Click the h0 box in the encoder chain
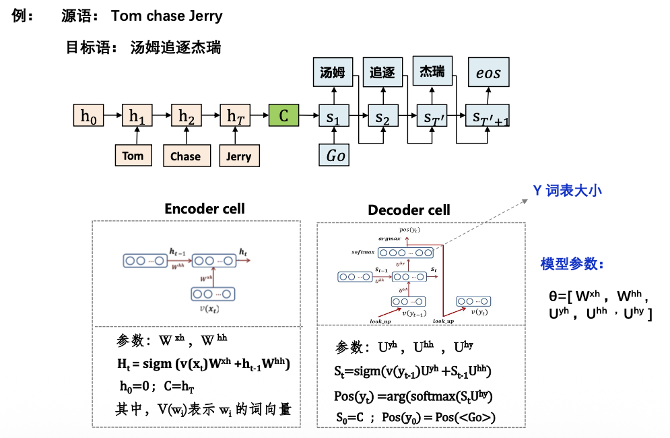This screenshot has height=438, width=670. (88, 116)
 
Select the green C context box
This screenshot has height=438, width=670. (283, 116)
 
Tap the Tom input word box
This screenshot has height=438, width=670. (133, 156)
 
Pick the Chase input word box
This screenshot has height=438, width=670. (185, 156)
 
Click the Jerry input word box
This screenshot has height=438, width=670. (238, 156)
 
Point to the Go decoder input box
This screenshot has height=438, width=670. (335, 156)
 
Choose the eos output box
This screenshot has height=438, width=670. (488, 73)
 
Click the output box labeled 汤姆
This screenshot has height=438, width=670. (333, 73)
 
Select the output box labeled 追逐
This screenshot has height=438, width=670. (382, 73)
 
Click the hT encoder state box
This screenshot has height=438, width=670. (236, 116)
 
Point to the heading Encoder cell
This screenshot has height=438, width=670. (205, 209)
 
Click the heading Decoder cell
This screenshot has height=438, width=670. (409, 210)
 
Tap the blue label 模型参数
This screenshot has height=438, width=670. (572, 264)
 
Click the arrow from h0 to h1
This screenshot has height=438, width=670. (113, 116)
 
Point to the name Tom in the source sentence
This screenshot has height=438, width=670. (126, 15)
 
